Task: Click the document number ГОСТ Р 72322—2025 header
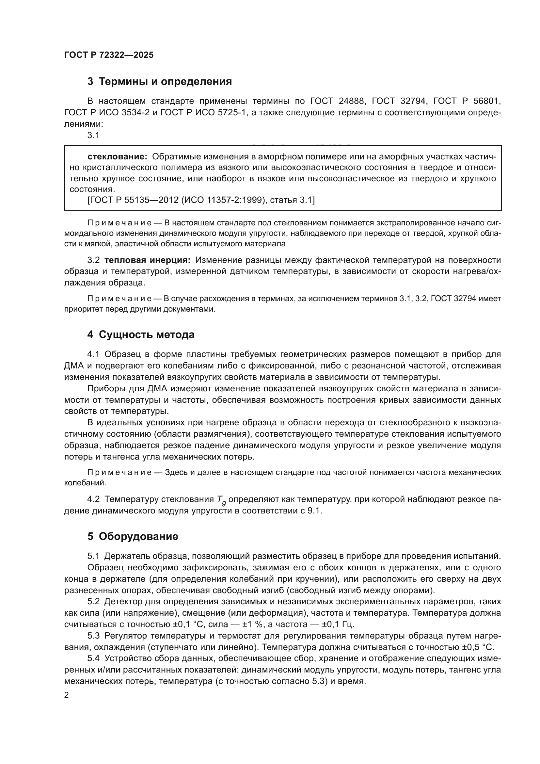pyautogui.click(x=109, y=55)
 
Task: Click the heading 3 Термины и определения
pyautogui.click(x=160, y=82)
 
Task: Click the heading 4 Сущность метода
pyautogui.click(x=141, y=334)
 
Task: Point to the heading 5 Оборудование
pyautogui.click(x=133, y=536)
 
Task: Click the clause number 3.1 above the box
pyautogui.click(x=93, y=135)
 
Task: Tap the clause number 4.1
pyautogui.click(x=93, y=354)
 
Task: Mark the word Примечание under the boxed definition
pyautogui.click(x=120, y=223)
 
